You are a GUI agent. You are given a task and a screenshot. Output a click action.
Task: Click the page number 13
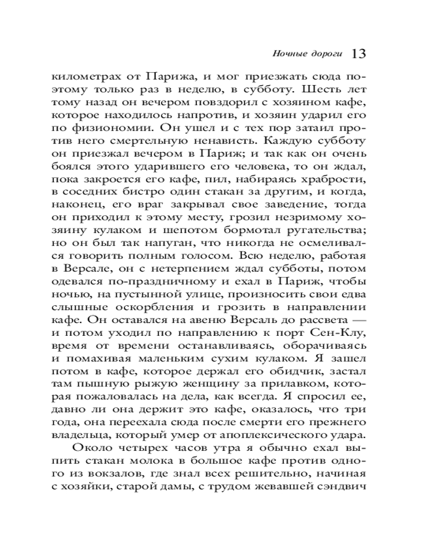click(x=358, y=54)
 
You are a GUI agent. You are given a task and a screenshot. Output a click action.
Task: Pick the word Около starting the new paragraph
click(x=90, y=448)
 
